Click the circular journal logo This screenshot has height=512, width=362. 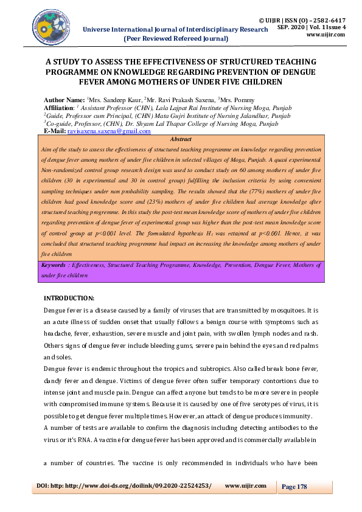tap(52, 27)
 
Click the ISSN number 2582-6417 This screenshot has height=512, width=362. tap(329, 20)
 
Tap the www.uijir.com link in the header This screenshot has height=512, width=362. tap(325, 35)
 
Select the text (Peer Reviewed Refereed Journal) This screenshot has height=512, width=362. tap(175, 38)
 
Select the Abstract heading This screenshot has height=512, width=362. tap(181, 139)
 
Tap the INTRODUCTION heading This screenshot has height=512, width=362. tap(69, 298)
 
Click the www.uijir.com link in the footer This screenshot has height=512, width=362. tap(246, 486)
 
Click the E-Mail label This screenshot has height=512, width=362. tap(55, 131)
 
